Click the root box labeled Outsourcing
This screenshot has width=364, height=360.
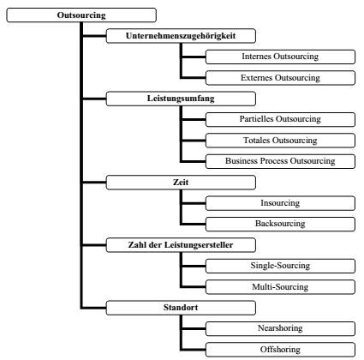[x=81, y=15]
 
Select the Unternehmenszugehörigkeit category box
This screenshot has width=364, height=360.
[x=181, y=36]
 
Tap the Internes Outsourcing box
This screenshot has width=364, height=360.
[x=280, y=57]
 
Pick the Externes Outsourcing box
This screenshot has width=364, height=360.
[x=280, y=78]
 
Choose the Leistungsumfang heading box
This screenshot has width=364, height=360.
[x=181, y=99]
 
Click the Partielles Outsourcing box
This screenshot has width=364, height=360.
[x=280, y=119]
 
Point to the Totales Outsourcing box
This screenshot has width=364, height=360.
[x=280, y=141]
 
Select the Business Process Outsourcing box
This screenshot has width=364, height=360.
[x=280, y=161]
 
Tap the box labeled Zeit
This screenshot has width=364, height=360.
[x=181, y=183]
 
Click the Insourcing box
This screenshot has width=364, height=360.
[x=280, y=203]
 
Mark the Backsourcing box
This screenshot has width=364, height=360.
[x=280, y=224]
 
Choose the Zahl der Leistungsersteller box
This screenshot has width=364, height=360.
[x=181, y=245]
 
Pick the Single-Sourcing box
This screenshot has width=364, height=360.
[x=280, y=266]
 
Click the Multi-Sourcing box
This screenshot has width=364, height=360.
[x=280, y=287]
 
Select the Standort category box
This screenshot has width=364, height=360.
[x=181, y=308]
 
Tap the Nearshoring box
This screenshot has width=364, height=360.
[x=280, y=328]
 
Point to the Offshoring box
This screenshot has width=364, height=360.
[x=280, y=350]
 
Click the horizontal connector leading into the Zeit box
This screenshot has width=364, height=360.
[x=94, y=182]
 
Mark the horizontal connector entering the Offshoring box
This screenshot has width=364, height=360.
[x=194, y=350]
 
